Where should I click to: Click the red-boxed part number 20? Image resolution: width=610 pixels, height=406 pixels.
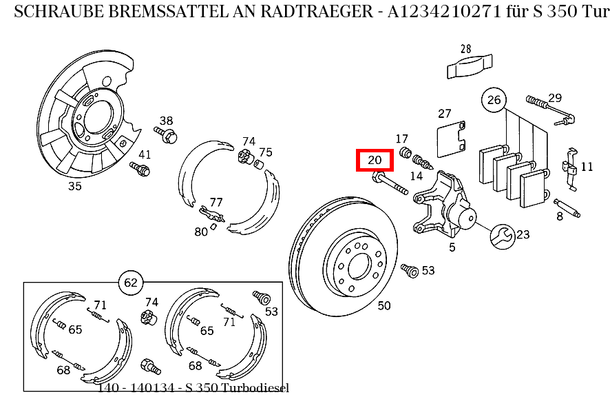click(375, 161)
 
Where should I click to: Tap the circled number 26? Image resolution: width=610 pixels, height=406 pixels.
click(494, 100)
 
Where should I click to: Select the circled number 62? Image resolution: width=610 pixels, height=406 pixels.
click(131, 282)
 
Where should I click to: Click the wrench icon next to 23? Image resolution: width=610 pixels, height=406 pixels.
click(502, 236)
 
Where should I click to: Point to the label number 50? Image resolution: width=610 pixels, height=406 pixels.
click(384, 305)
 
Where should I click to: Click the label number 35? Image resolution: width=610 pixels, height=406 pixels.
click(74, 186)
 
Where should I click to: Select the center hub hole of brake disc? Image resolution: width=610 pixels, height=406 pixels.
click(359, 265)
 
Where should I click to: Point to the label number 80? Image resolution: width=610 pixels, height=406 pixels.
click(200, 232)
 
